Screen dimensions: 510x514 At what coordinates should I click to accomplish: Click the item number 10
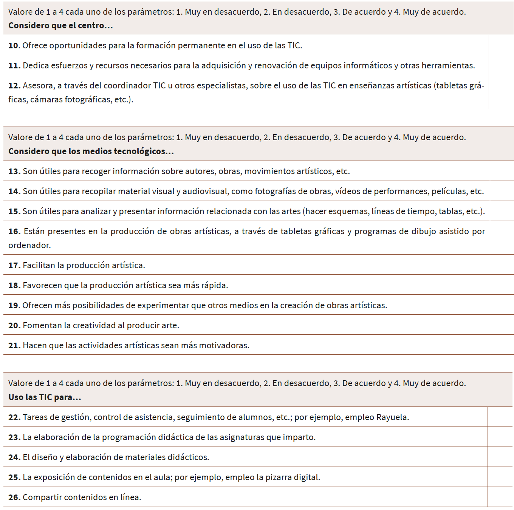click(x=13, y=46)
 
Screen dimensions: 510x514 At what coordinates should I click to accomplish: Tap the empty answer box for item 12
click(x=501, y=92)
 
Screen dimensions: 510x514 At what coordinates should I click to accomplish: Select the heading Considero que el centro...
click(x=60, y=26)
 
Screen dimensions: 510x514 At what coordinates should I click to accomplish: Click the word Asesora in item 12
click(x=39, y=86)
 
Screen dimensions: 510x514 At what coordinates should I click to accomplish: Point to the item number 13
click(x=14, y=172)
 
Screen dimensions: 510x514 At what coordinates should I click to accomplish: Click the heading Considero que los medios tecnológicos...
click(x=91, y=151)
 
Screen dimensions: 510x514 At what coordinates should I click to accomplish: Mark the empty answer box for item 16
click(x=502, y=238)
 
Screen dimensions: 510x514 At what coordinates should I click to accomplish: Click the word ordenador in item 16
click(x=29, y=246)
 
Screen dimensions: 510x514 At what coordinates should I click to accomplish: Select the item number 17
click(x=14, y=266)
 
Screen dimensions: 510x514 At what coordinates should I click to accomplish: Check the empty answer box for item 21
click(x=502, y=345)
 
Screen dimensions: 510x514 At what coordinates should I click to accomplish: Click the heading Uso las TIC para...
click(x=45, y=397)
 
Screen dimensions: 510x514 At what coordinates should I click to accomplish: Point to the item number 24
click(x=14, y=457)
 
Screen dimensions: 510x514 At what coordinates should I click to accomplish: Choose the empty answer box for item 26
click(x=500, y=497)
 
